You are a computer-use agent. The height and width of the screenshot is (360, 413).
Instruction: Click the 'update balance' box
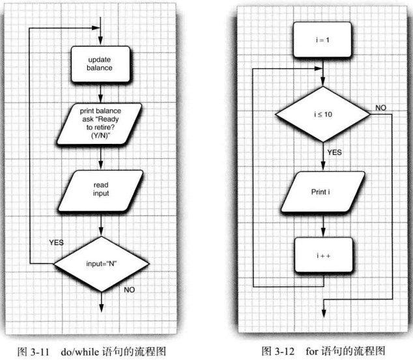click(x=100, y=64)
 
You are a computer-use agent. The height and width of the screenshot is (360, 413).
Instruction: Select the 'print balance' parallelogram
click(x=100, y=124)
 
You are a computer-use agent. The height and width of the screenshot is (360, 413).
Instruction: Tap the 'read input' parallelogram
click(x=100, y=191)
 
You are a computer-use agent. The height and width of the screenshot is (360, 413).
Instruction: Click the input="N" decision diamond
click(x=102, y=264)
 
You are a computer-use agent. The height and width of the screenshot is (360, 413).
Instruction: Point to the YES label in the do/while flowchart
click(x=57, y=242)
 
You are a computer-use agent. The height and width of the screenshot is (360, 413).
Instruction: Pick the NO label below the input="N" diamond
click(x=130, y=290)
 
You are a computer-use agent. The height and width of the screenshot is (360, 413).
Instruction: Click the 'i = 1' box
click(x=322, y=40)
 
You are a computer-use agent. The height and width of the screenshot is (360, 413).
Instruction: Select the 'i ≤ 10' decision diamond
click(x=323, y=114)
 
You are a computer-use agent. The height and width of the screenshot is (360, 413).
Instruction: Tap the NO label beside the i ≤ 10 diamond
click(x=381, y=107)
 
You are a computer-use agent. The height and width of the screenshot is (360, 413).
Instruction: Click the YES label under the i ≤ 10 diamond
click(x=335, y=152)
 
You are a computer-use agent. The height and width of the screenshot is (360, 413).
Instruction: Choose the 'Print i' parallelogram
click(x=323, y=192)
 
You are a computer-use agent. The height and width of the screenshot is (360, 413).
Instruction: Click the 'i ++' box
click(x=324, y=255)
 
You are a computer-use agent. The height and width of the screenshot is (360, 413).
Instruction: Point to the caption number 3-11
click(x=40, y=352)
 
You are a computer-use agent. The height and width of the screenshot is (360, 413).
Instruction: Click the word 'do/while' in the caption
click(x=80, y=352)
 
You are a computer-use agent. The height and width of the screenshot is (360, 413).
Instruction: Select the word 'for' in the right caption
click(x=312, y=351)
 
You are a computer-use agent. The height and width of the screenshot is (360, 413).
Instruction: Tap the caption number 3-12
click(x=285, y=352)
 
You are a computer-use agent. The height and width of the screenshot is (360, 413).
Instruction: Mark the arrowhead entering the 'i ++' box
click(x=323, y=233)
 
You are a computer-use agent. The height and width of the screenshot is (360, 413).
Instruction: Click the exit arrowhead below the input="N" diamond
click(x=102, y=308)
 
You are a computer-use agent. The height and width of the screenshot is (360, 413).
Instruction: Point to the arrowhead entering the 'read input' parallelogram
click(x=101, y=165)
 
